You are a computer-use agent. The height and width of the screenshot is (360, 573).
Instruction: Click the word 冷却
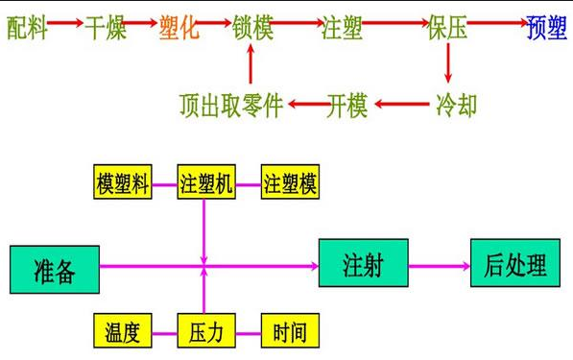[456, 104]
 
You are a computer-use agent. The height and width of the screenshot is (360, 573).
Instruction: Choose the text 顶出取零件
[230, 104]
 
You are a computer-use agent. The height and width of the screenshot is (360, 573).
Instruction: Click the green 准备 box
[54, 269]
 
